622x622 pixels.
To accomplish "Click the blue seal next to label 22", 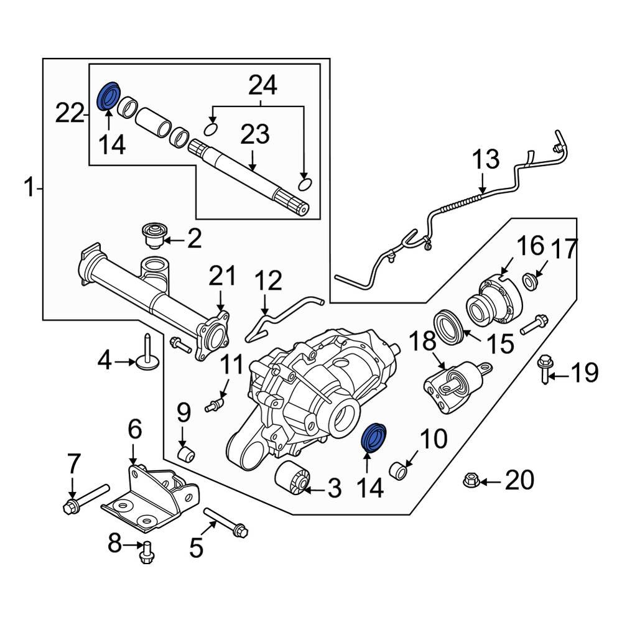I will click(x=110, y=96).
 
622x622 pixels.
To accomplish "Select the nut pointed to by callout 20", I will click(x=471, y=480).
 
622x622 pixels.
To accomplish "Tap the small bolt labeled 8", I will click(x=147, y=552).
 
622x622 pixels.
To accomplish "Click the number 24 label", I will click(x=263, y=85).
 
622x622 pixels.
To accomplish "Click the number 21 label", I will click(x=223, y=276).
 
